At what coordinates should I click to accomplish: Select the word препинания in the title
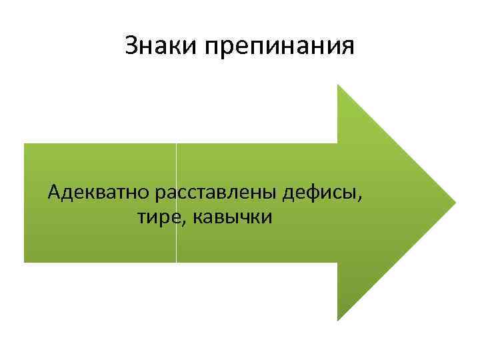click(x=280, y=47)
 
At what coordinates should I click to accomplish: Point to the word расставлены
click(x=216, y=193)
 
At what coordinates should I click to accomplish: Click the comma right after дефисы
click(x=362, y=198)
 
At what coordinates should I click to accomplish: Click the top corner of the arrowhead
click(x=338, y=85)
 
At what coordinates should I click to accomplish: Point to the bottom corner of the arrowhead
click(x=338, y=319)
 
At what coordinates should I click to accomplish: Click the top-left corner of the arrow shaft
click(x=25, y=143)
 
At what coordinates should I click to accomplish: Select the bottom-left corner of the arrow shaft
click(x=25, y=261)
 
